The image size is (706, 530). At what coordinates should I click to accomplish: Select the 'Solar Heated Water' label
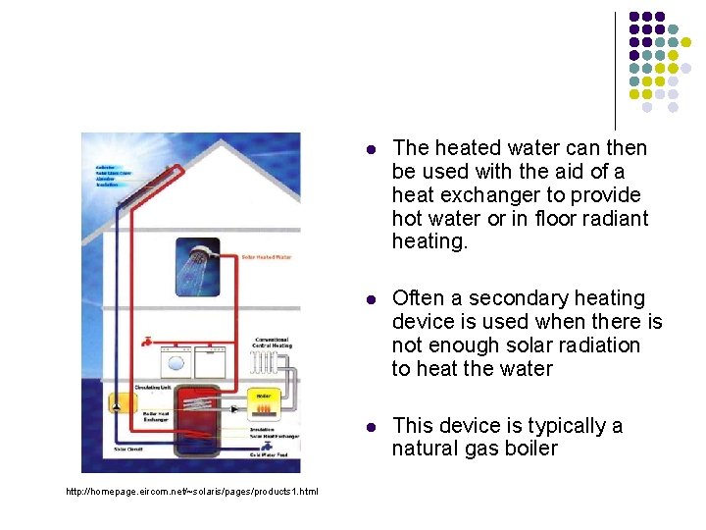[x=266, y=258]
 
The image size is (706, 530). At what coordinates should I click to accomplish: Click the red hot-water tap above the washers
[x=147, y=341]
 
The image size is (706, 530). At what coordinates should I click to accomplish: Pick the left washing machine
[x=176, y=364]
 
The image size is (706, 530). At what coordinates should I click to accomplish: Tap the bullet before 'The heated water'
[x=371, y=149]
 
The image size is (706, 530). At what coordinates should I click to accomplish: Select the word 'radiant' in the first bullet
[x=615, y=218]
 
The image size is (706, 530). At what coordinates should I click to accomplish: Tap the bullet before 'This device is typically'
[x=371, y=427]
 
